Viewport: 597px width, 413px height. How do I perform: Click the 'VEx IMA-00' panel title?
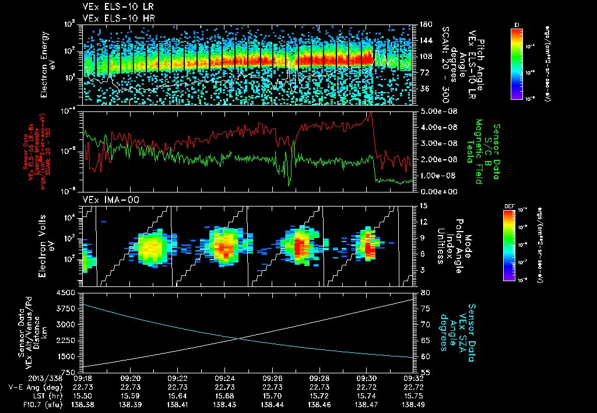click(x=107, y=199)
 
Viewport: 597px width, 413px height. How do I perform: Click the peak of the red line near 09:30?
click(x=370, y=114)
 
